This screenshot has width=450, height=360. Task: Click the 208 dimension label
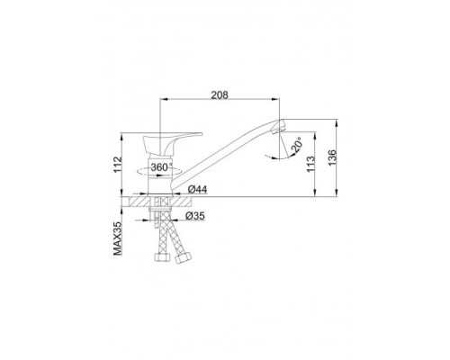click(220, 94)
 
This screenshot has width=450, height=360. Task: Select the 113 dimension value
click(310, 164)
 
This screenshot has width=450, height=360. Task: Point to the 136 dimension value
click(332, 157)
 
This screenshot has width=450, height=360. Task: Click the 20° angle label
click(296, 146)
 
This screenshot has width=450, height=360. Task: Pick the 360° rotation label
click(161, 167)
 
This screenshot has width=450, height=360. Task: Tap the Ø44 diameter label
click(197, 189)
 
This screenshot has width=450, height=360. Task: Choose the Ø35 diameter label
click(195, 215)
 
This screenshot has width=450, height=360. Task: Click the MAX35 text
click(118, 238)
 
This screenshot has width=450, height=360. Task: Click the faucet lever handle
click(168, 143)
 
